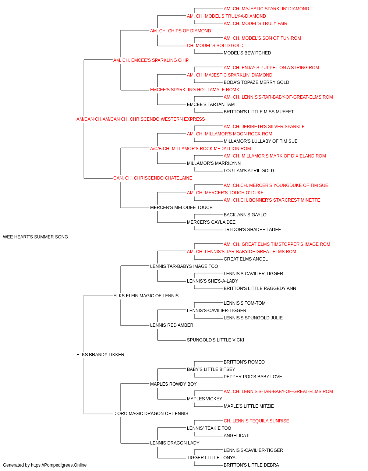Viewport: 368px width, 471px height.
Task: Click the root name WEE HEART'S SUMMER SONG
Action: (x=35, y=237)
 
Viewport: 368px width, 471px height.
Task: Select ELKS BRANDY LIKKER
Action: (x=100, y=355)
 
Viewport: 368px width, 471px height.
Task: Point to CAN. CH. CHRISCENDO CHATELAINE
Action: (x=153, y=178)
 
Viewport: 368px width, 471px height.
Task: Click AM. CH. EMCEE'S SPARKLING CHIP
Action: (x=151, y=60)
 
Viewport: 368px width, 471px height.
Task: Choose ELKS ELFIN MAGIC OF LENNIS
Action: (x=146, y=295)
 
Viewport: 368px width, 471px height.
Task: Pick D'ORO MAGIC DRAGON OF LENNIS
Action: (x=151, y=413)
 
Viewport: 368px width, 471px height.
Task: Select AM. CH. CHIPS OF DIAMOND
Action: (x=181, y=31)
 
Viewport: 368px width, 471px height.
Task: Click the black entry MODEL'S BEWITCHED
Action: (x=247, y=53)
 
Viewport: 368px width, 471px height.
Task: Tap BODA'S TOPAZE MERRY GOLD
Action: (x=256, y=82)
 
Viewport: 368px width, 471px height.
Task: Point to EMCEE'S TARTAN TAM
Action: (x=210, y=105)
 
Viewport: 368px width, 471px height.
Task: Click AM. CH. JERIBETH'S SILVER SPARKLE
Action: (x=264, y=126)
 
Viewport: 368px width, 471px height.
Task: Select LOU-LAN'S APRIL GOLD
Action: (x=249, y=171)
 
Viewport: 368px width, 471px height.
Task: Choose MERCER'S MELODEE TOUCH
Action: (x=181, y=208)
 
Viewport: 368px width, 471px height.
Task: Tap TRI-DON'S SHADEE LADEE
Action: (x=252, y=230)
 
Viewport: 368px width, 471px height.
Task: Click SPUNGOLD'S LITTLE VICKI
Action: (x=215, y=340)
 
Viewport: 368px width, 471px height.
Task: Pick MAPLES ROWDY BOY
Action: (x=173, y=384)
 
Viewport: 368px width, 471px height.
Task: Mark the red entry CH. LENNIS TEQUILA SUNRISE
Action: (x=256, y=421)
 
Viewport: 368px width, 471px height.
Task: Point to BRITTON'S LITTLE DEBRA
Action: (x=251, y=465)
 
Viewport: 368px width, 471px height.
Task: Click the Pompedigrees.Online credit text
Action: (x=45, y=465)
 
